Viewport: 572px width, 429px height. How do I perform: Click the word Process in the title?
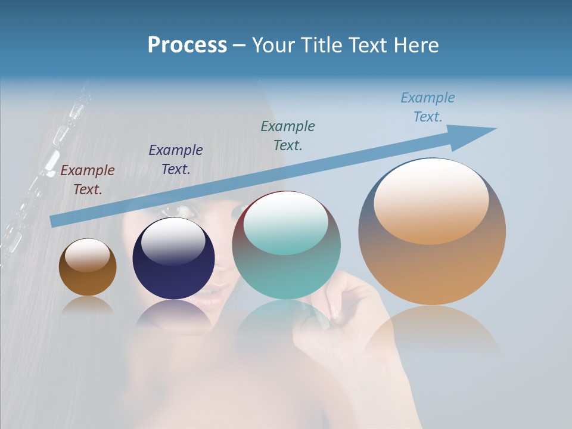(187, 45)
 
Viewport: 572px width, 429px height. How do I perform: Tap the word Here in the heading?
(416, 45)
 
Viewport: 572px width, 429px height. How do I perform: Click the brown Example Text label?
(88, 180)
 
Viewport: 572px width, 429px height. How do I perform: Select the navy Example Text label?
(176, 160)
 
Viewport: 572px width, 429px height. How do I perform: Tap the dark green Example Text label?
(288, 135)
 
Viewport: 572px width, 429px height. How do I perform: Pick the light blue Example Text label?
(428, 107)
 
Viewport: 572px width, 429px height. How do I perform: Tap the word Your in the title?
(271, 45)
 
